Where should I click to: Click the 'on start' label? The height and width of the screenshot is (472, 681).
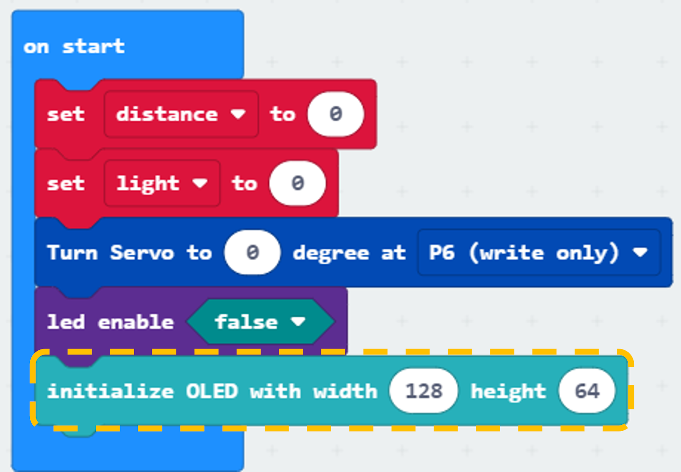[x=74, y=47]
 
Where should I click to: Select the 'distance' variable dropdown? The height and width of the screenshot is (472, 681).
[x=181, y=114]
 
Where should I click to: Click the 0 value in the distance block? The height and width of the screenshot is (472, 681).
[x=336, y=114]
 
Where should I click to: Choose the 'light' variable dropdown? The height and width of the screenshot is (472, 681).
[x=162, y=183]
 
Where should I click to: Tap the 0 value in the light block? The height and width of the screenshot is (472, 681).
[x=298, y=183]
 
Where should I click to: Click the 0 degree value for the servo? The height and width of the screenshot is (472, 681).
[x=252, y=252]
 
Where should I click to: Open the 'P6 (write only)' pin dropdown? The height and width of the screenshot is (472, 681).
[x=539, y=252]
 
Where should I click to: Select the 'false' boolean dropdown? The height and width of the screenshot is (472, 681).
[x=260, y=322]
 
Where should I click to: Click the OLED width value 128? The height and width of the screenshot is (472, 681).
[x=424, y=391]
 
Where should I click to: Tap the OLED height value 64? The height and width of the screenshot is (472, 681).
[x=587, y=391]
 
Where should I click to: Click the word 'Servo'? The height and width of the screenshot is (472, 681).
[x=142, y=252]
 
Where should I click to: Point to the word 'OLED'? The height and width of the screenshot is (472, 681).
[x=212, y=391]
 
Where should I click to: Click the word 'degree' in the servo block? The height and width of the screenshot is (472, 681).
[x=331, y=253]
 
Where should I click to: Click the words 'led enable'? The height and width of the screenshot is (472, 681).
[x=110, y=322]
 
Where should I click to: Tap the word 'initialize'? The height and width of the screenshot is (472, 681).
[x=110, y=391]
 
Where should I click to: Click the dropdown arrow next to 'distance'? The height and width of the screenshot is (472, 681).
[x=238, y=114]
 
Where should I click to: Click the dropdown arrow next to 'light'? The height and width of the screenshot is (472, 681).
[x=200, y=183]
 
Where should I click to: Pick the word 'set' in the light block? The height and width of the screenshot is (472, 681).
[x=66, y=183]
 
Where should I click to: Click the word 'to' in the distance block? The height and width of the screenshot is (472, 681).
[x=283, y=114]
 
